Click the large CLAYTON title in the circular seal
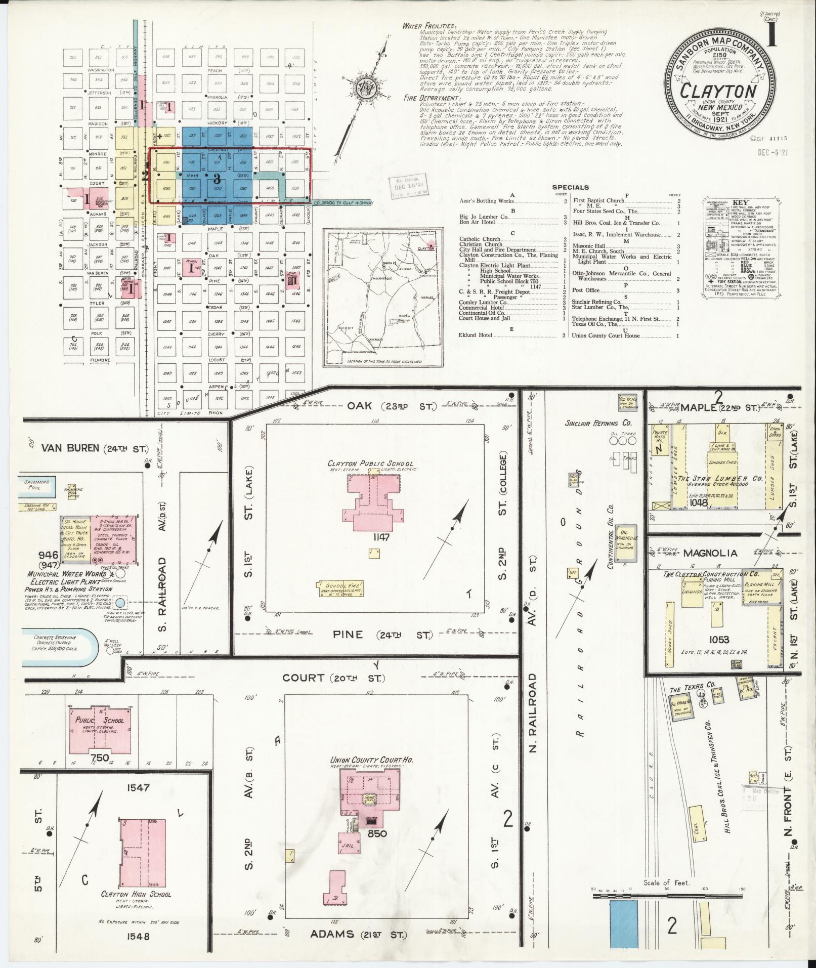tap(718, 91)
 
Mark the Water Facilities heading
tap(429, 26)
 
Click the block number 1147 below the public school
tap(378, 537)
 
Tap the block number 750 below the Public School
tap(100, 757)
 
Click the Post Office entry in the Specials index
tap(585, 290)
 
